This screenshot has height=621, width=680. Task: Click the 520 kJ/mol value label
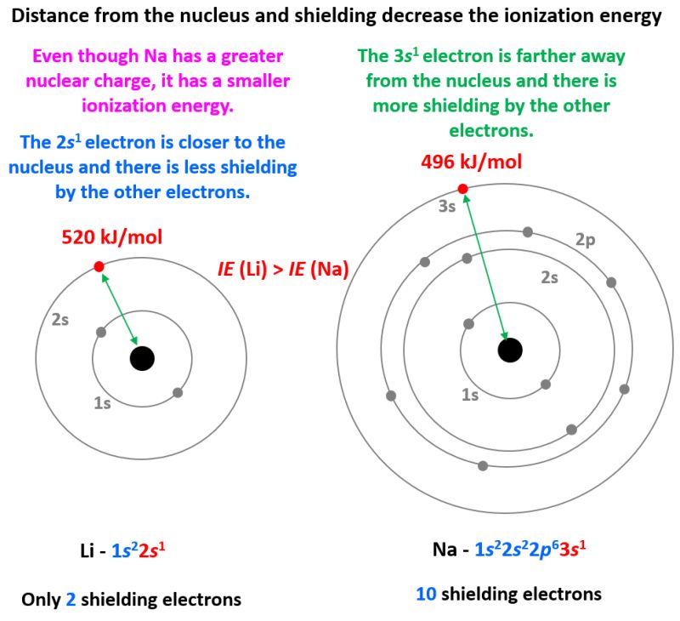111,236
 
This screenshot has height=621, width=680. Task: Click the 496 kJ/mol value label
472,162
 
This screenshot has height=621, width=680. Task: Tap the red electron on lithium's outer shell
99,267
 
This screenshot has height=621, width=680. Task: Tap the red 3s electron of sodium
462,189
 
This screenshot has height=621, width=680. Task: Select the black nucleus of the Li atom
142,358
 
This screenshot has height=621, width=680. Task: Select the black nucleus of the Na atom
510,350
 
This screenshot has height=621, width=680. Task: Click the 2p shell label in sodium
586,240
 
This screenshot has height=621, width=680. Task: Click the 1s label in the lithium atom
101,403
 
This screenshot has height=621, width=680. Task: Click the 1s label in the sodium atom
470,394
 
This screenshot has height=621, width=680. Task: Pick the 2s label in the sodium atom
550,277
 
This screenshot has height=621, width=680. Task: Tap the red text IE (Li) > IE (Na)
284,271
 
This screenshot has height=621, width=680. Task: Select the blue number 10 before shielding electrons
426,594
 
